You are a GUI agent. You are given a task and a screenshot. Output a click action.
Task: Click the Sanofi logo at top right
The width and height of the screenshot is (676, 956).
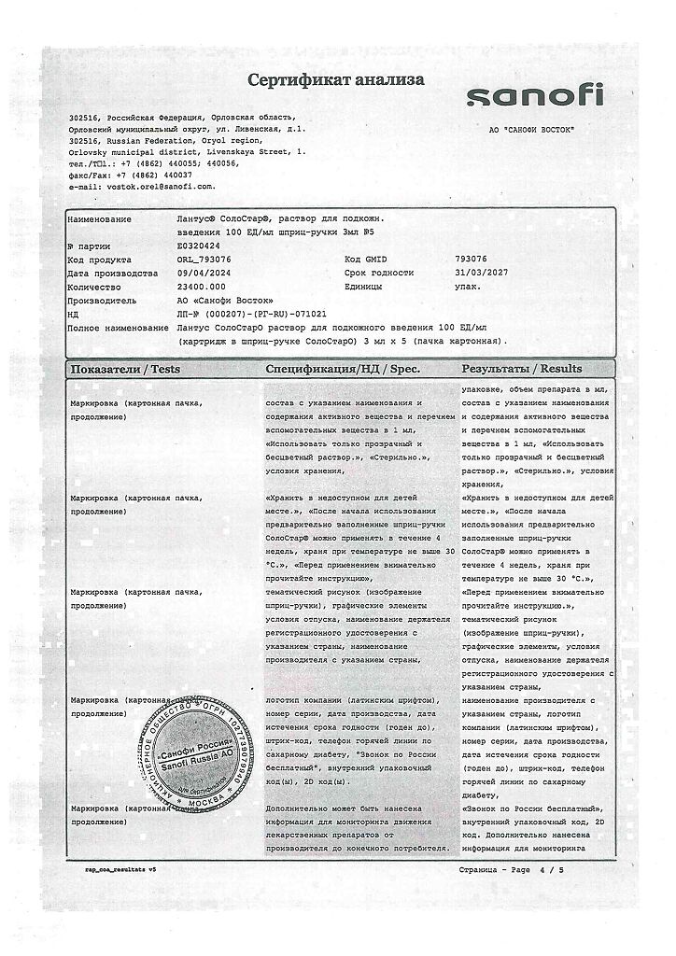tap(535, 96)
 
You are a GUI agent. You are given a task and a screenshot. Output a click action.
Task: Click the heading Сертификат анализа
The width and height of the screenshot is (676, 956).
tap(336, 80)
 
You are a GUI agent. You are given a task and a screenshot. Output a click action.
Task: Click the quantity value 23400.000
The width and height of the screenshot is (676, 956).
tap(201, 287)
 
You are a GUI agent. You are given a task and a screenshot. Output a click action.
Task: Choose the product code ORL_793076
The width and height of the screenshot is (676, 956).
tap(206, 259)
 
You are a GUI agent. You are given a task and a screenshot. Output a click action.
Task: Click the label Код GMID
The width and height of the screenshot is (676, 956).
tap(365, 259)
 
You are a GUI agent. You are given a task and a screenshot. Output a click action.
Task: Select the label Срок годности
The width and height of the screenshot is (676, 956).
tap(379, 273)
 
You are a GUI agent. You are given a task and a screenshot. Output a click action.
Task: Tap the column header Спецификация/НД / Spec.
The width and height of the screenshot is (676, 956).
tap(343, 369)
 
